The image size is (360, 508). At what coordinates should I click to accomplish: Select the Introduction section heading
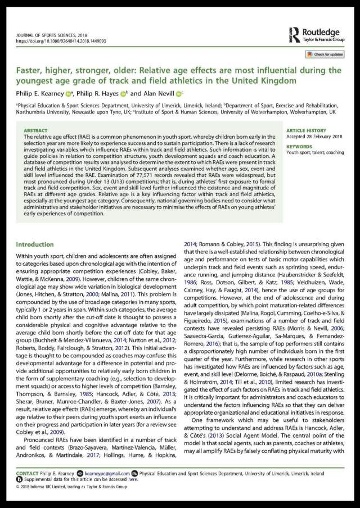click(x=34, y=244)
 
